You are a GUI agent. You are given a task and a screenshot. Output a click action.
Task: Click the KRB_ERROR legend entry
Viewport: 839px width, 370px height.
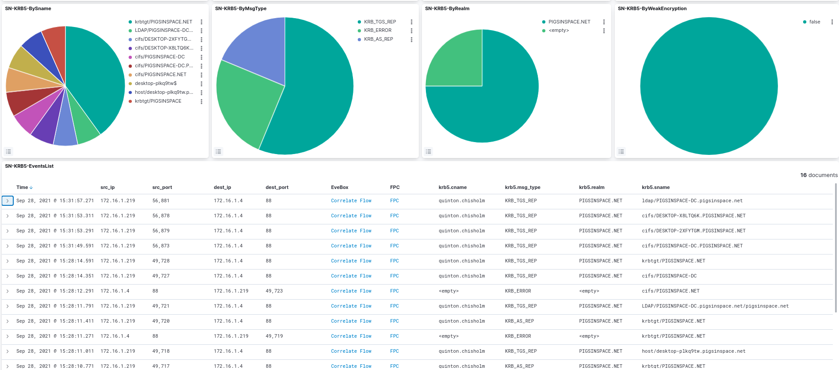378,31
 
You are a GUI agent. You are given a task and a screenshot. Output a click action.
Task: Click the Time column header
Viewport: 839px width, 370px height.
22,188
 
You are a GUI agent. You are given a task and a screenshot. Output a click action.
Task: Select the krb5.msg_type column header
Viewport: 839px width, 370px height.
523,188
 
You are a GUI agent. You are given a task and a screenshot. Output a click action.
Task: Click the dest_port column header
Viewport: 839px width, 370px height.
277,188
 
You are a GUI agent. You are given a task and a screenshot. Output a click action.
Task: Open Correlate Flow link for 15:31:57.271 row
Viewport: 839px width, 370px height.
351,201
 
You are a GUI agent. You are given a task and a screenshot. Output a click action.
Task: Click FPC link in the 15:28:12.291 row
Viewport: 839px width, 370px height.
395,291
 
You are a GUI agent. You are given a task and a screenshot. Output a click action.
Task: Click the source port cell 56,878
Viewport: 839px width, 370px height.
161,216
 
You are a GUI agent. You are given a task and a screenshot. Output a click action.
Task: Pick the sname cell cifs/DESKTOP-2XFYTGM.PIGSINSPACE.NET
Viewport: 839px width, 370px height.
693,231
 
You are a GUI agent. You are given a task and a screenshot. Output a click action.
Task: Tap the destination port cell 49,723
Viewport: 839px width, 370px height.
274,291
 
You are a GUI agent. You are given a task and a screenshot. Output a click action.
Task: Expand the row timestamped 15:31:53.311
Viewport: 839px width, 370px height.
8,216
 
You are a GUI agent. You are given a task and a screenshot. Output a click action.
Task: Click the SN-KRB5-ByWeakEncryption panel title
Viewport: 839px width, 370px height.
652,9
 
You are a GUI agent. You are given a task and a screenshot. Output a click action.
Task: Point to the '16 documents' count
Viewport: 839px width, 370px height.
819,175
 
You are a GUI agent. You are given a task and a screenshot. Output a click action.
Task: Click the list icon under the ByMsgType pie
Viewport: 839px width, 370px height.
218,151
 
